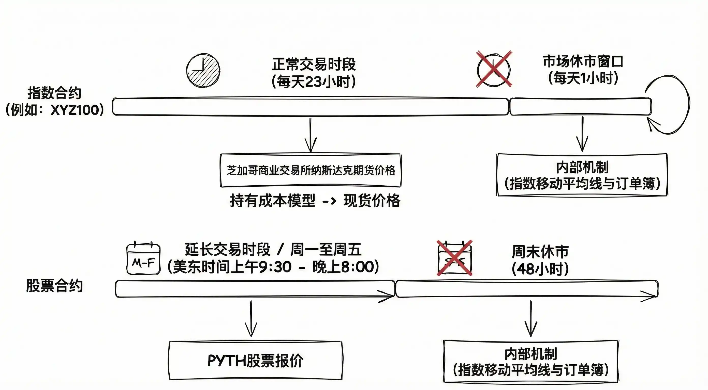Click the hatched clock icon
(x=203, y=71)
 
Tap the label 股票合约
(x=54, y=286)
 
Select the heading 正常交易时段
(x=314, y=64)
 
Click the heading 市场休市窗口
(x=583, y=61)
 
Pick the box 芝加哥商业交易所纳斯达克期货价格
(x=311, y=170)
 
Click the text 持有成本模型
(x=272, y=201)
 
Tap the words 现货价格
(x=372, y=201)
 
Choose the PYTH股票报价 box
(x=255, y=360)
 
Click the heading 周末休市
(x=540, y=251)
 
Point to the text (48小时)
(x=540, y=269)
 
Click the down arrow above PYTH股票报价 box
(x=251, y=318)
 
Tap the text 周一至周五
(x=326, y=249)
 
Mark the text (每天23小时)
(x=314, y=82)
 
